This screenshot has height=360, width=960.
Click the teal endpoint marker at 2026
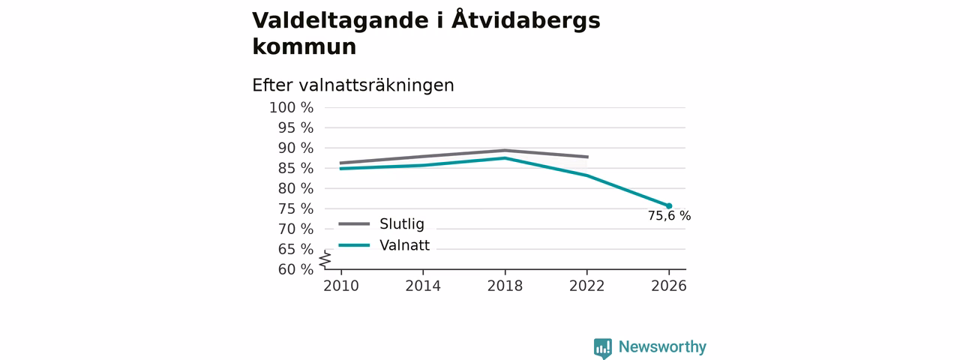pyautogui.click(x=668, y=206)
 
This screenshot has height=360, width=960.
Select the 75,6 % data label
pyautogui.click(x=669, y=216)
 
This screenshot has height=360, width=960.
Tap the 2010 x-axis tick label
pyautogui.click(x=341, y=286)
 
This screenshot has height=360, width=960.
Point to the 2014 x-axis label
pyautogui.click(x=423, y=286)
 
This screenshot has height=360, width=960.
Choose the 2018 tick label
pyautogui.click(x=505, y=286)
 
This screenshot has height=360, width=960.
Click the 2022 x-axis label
pyautogui.click(x=586, y=286)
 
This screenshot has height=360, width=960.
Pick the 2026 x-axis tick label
pyautogui.click(x=668, y=286)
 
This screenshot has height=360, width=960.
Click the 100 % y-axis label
pyautogui.click(x=292, y=107)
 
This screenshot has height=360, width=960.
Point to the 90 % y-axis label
pyautogui.click(x=295, y=148)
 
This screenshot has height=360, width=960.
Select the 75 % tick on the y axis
pyautogui.click(x=295, y=208)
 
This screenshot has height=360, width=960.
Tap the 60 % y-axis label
pyautogui.click(x=295, y=269)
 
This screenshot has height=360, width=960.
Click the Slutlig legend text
pyautogui.click(x=401, y=223)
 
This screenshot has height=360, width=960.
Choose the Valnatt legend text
pyautogui.click(x=404, y=245)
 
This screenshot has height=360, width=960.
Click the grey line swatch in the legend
pyautogui.click(x=354, y=223)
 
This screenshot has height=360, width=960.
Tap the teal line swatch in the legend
pyautogui.click(x=354, y=245)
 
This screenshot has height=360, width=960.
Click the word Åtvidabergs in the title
pyautogui.click(x=526, y=20)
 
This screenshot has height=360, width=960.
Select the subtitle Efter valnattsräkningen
pyautogui.click(x=353, y=85)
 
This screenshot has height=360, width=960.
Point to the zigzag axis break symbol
pyautogui.click(x=325, y=259)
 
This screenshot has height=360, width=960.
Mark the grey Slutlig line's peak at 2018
pyautogui.click(x=505, y=151)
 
